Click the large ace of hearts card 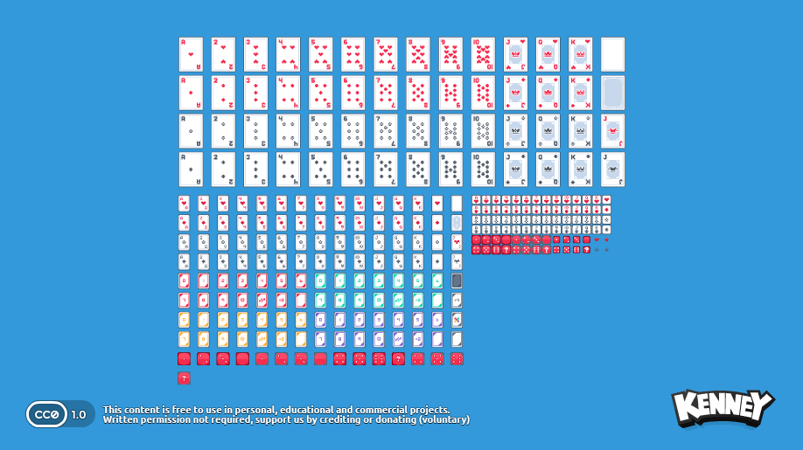(191, 54)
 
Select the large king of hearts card (580, 54)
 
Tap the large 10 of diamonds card (483, 93)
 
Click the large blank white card (612, 54)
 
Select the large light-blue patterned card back (612, 93)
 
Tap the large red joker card (612, 131)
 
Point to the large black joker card (612, 170)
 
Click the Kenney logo (722, 408)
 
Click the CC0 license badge (46, 414)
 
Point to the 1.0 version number (79, 414)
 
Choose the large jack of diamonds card (515, 93)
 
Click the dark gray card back (457, 280)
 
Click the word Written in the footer (121, 419)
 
